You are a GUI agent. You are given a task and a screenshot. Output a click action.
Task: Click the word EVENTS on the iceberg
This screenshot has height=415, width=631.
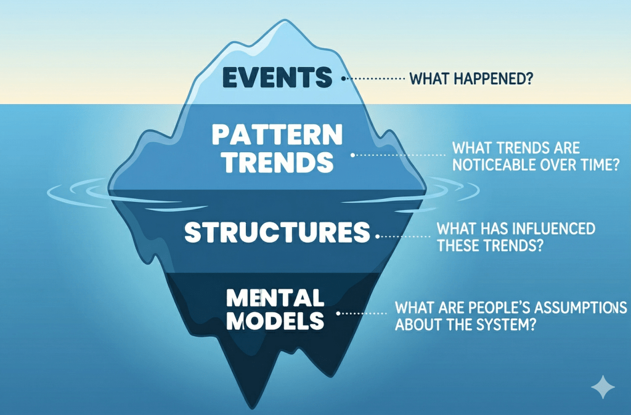(277, 77)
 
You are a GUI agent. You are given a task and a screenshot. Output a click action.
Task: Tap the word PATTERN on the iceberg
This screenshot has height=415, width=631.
(277, 135)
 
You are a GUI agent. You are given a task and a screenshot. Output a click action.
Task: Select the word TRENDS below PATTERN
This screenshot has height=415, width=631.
(279, 162)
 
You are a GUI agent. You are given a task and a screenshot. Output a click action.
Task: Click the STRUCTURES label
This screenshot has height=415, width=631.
(277, 232)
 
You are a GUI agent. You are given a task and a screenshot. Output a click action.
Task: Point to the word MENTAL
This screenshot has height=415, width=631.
(275, 298)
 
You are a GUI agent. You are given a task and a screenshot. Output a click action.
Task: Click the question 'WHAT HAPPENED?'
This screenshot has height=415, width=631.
(471, 78)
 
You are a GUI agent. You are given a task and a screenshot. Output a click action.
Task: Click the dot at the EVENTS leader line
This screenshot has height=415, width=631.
(343, 79)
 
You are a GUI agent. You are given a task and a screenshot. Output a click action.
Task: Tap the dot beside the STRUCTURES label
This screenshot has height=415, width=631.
(378, 236)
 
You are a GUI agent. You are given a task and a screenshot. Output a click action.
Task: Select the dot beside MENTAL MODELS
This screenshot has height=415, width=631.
(338, 313)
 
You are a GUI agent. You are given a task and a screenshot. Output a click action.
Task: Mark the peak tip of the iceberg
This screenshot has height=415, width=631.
(285, 20)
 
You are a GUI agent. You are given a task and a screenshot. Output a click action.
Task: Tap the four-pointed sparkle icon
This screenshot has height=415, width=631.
(603, 387)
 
